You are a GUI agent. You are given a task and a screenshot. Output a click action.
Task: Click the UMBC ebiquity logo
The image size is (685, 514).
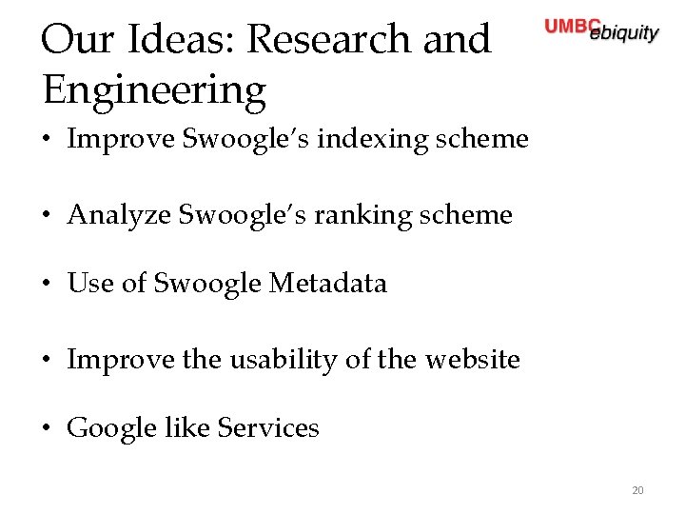tap(601, 30)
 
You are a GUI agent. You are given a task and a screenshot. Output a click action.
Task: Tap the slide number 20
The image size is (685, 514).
tap(637, 491)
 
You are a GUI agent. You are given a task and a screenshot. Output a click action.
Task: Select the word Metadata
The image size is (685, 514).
tap(328, 283)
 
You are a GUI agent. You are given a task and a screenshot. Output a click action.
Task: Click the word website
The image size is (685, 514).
tap(472, 360)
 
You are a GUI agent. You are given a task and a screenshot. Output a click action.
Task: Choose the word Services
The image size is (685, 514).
tap(268, 428)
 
